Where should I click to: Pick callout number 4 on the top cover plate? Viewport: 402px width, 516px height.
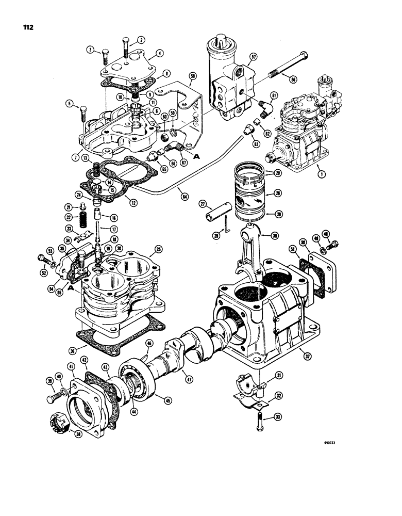coord(160,53)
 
